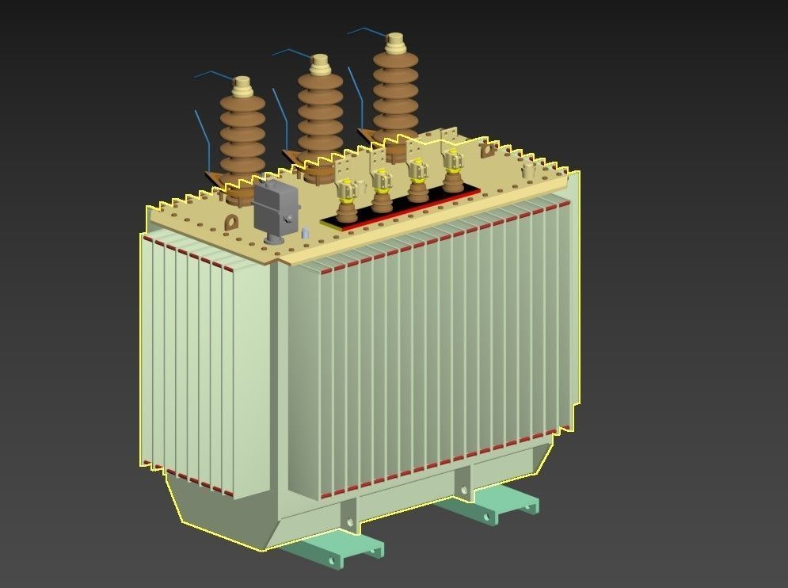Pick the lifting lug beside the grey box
231,222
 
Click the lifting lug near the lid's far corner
488,148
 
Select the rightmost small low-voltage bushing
452,170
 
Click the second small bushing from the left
382,190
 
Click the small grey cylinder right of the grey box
305,233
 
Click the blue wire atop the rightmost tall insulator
365,32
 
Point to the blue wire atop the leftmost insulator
212,74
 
